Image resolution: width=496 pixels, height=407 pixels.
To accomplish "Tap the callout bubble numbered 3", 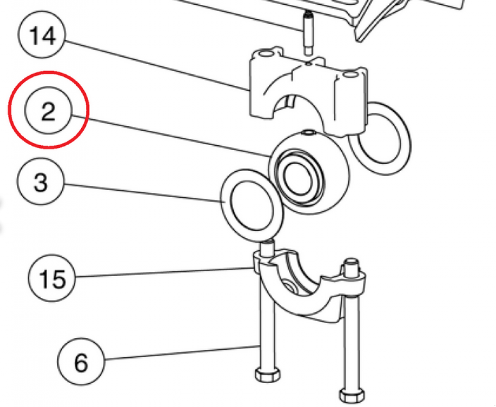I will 41,183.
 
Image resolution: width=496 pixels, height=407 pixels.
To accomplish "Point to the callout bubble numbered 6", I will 81,363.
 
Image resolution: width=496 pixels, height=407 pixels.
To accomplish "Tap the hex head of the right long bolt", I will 351,395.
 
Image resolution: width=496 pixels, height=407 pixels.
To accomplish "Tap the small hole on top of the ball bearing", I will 308,132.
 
